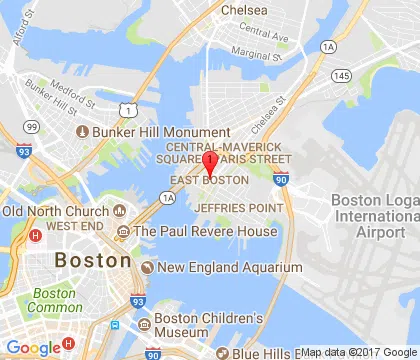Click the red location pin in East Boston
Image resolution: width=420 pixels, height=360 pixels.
pos(210,163)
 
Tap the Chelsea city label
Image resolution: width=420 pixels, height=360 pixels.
pos(244,9)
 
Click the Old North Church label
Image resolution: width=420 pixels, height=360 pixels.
pos(56,212)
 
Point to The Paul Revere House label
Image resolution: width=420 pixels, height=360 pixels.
pos(205,232)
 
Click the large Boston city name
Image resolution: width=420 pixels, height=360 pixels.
pos(93,260)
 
